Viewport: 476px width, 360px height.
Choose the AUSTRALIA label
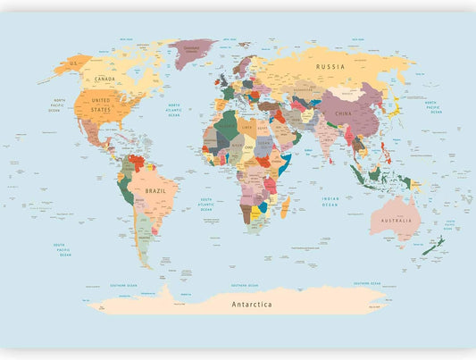397,220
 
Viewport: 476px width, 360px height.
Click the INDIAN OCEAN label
330,203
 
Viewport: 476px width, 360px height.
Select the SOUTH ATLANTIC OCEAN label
206,203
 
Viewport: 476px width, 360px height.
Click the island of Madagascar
286,209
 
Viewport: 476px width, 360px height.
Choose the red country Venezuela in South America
137,163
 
